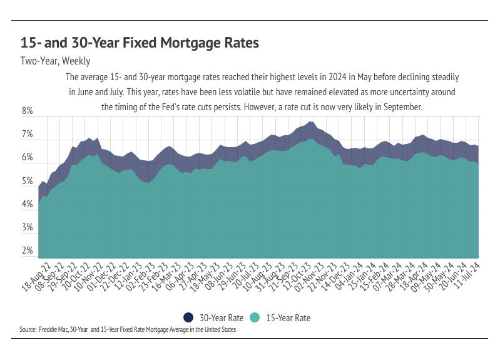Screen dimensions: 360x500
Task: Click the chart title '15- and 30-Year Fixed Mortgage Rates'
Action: point(140,43)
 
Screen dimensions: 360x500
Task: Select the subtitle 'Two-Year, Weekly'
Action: point(56,61)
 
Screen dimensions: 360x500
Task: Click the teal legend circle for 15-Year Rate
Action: point(255,317)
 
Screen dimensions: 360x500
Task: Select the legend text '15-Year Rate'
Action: point(288,318)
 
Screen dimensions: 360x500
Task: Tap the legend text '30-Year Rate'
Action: point(222,318)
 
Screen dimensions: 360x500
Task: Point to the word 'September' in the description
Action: point(402,107)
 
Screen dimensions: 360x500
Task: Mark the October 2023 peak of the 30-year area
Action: point(310,121)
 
